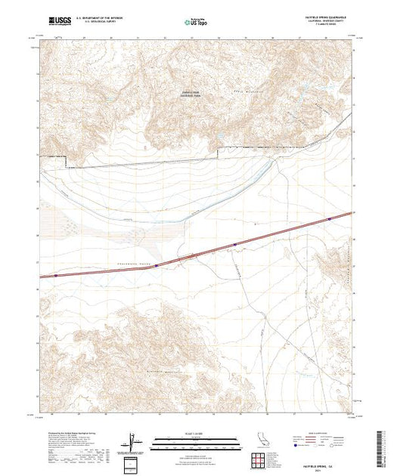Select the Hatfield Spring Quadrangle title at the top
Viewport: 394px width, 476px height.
tap(326, 16)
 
